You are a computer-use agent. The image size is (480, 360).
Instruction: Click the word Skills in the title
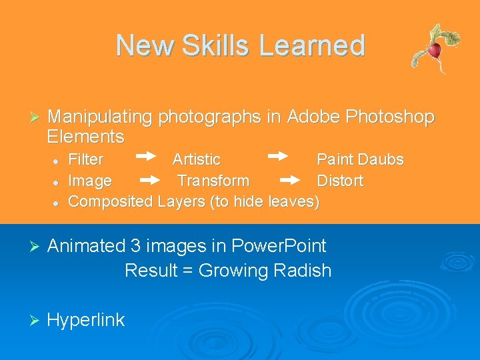[213, 45]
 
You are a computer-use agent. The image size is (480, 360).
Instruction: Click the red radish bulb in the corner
[435, 50]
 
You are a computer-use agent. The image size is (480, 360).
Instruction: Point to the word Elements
[85, 137]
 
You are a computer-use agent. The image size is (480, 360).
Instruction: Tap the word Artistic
[196, 160]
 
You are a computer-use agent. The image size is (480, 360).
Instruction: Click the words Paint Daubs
[360, 160]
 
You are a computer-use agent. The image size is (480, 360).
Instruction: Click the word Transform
[213, 181]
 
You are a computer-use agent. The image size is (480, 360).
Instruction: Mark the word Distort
[340, 181]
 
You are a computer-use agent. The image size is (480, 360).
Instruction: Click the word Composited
[111, 201]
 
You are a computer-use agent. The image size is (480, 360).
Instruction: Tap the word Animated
[86, 246]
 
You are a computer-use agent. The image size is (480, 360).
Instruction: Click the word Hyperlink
[86, 320]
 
